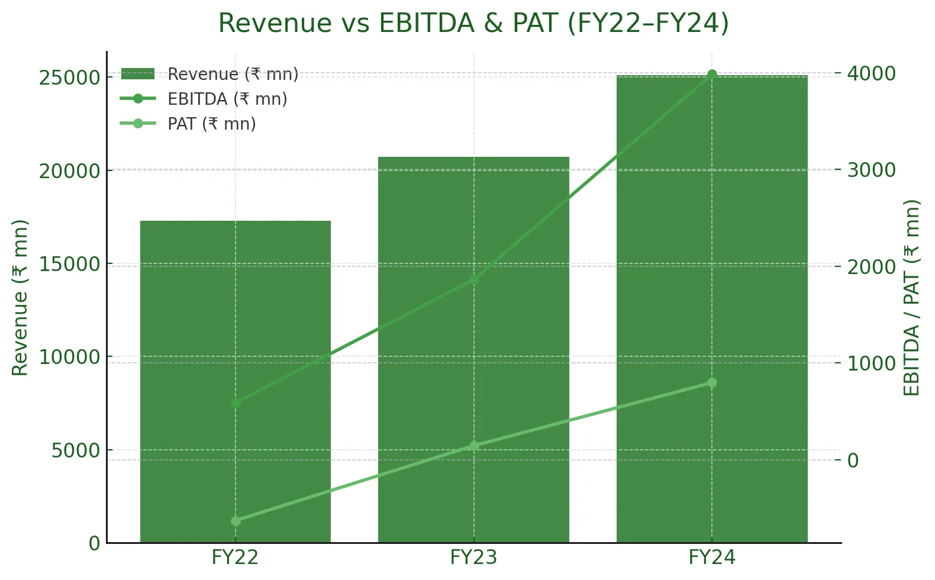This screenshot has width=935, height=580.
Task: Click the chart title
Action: pos(473,24)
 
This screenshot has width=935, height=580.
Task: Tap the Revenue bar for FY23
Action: pos(473,355)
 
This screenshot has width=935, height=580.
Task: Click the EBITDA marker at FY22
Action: pos(236,403)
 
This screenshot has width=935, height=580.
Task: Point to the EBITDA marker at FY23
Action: pos(474,280)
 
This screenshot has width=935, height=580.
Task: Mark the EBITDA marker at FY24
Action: pos(712,75)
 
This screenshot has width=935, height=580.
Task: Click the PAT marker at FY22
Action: pos(236,521)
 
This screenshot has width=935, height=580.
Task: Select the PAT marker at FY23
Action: pos(474,446)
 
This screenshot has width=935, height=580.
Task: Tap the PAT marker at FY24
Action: pos(712,383)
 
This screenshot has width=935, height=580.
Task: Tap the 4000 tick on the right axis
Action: pos(871,73)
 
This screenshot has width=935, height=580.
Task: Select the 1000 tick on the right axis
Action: pos(871,363)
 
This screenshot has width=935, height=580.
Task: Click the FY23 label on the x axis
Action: pos(473,558)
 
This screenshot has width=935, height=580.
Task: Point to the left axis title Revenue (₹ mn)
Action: pos(20,298)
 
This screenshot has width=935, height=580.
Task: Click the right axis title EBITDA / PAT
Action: pos(912,298)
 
